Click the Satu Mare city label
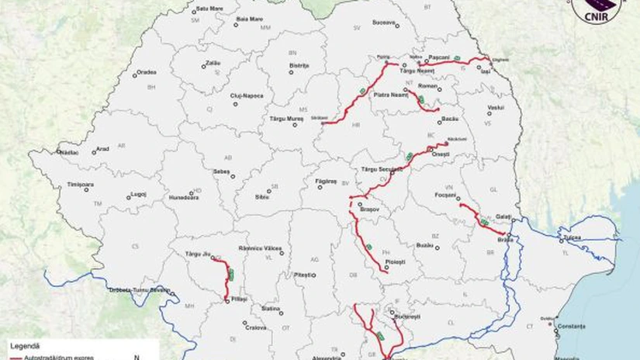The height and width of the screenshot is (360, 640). coord(210,8)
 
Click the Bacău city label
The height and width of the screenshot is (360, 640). coord(450,119)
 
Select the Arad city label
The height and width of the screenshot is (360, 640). coord(102,149)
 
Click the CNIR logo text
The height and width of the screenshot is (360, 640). coord(598,20)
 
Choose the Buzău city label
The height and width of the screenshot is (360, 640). coord(424,245)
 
